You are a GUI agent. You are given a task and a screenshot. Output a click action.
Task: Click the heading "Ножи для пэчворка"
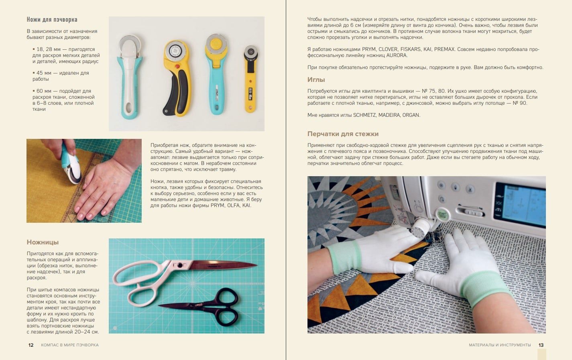[x=52, y=20]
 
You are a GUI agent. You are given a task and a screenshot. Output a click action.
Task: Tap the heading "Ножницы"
[x=43, y=242]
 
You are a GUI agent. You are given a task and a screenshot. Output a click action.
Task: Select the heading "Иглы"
[x=316, y=79]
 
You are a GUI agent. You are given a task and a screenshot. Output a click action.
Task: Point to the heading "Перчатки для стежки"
[x=343, y=134]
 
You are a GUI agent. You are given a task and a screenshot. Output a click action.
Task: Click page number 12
[x=31, y=345]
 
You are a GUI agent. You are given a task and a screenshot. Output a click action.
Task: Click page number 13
[x=541, y=345]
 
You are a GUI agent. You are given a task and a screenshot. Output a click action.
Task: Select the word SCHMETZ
[x=364, y=115]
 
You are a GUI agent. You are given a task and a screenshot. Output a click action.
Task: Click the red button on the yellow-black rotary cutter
[x=177, y=67]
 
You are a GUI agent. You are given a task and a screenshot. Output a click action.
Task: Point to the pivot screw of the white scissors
[x=180, y=266]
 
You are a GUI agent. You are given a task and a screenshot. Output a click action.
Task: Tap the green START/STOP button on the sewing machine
[x=442, y=215]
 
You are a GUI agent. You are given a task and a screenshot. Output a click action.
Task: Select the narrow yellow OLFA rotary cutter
[x=250, y=79]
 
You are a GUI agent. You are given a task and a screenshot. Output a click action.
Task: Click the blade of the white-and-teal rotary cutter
[x=130, y=45]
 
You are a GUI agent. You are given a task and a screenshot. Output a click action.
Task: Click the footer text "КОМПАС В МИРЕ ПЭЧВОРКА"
[x=70, y=345]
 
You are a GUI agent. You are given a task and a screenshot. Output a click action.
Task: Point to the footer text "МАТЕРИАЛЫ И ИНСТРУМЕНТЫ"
[x=500, y=345]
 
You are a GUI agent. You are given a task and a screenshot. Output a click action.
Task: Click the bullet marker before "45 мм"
[x=34, y=73]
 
